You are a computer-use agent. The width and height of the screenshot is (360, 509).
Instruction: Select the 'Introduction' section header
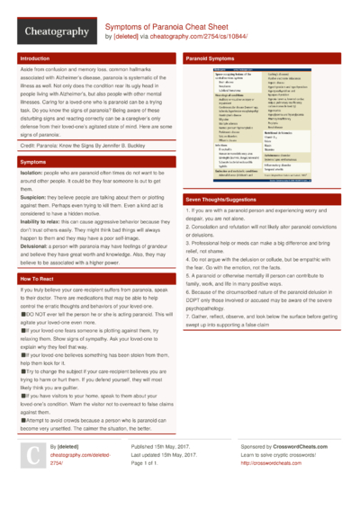click(x=35, y=58)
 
